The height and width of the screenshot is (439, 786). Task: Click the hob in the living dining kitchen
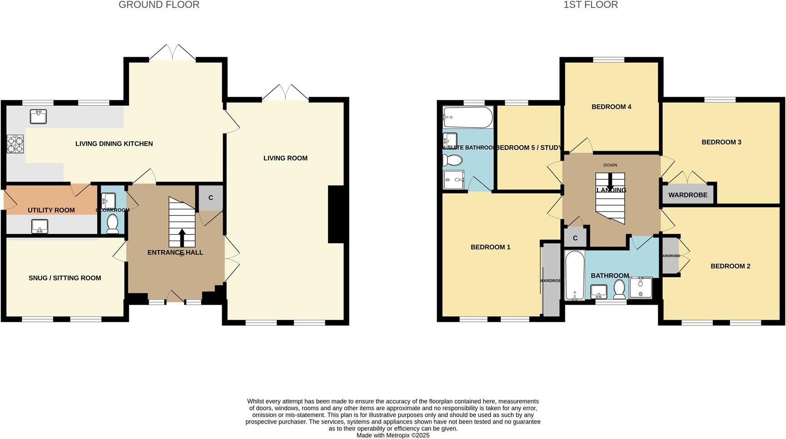(15, 144)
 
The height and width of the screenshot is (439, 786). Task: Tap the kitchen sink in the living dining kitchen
(38, 117)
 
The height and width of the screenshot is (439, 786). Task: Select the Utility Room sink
(40, 226)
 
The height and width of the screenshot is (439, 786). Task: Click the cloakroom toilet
(112, 224)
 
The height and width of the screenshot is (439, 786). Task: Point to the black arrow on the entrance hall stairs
(182, 238)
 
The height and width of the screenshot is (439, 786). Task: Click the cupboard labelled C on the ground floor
(210, 198)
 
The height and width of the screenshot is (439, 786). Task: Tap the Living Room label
(285, 158)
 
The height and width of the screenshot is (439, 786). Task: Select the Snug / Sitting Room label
(65, 278)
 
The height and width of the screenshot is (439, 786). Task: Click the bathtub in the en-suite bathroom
(468, 118)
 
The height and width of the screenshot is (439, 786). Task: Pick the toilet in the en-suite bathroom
(453, 160)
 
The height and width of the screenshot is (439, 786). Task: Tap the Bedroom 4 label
(611, 107)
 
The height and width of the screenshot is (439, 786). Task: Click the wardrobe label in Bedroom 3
(687, 195)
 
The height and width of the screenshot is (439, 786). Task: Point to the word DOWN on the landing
(610, 165)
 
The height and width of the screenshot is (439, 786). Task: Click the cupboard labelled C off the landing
(575, 238)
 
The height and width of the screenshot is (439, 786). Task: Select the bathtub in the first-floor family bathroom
(575, 275)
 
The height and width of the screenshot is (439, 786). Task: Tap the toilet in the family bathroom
(619, 289)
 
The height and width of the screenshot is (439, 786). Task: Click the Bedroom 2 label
(730, 266)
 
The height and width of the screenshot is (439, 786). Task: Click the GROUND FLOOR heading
(159, 5)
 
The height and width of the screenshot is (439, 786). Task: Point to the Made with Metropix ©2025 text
(393, 435)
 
